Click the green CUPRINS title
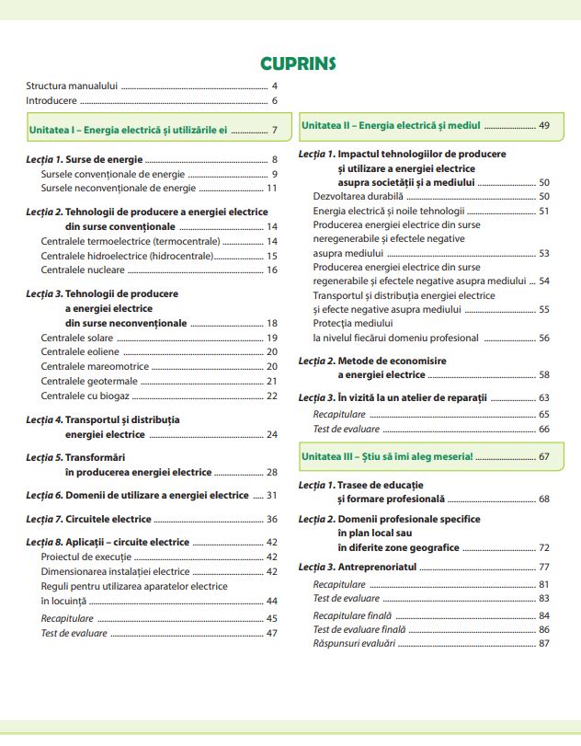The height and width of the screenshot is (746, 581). click(298, 63)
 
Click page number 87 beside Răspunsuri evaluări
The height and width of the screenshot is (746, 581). click(543, 643)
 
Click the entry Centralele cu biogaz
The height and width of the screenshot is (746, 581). click(85, 396)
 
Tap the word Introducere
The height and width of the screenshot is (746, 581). click(51, 100)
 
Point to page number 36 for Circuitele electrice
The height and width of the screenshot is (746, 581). click(271, 519)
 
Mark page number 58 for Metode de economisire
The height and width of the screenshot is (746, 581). click(543, 375)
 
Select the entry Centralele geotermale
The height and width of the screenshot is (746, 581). click(86, 381)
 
